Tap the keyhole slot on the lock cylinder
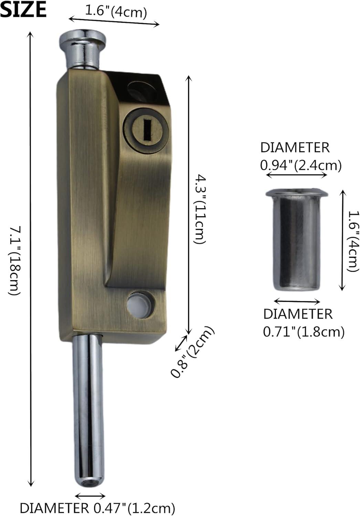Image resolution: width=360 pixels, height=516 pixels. pos(147,129)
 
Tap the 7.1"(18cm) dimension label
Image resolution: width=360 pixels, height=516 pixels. pos(14,260)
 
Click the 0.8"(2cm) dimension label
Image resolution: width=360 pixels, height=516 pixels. pos(193,352)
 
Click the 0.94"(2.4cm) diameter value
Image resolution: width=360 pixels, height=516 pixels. pos(301,165)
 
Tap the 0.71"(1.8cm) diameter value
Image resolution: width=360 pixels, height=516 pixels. pos(304,332)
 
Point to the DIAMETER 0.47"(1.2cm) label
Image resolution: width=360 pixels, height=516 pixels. pos(97,508)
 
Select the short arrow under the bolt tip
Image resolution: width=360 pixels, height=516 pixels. pos(90,496)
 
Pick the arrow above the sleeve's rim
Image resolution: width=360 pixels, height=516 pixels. pos(297,175)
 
